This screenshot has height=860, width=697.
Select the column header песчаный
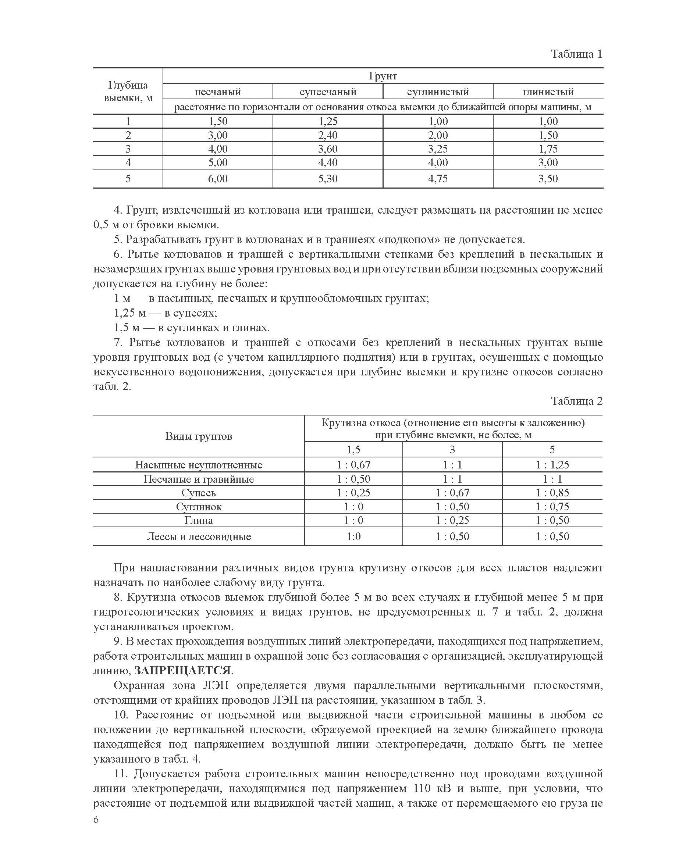pos(218,92)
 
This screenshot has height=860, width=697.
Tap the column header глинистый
pos(548,92)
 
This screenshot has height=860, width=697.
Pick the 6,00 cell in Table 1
pos(218,179)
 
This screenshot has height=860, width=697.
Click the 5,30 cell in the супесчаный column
pos(328,179)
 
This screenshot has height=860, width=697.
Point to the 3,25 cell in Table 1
pos(438,149)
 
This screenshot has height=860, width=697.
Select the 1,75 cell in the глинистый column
pos(548,149)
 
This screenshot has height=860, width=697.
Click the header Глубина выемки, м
pos(128,91)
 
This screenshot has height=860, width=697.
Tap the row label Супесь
pos(198,493)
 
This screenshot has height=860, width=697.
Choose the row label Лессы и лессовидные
pos(198,536)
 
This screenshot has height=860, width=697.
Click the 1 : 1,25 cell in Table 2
pos(552,465)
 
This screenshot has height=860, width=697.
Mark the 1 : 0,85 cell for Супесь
pos(552,493)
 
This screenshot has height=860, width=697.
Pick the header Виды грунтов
pos(198,436)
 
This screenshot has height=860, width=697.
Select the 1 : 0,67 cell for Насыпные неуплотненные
pos(353,465)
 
